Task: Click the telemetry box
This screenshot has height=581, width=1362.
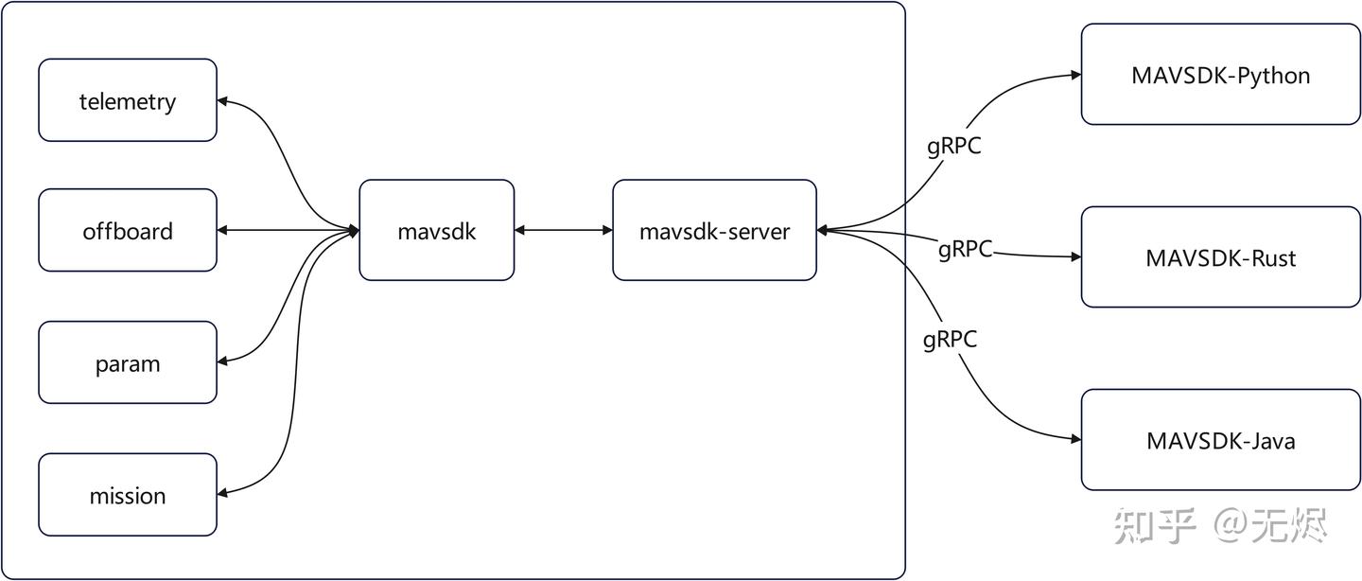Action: (128, 100)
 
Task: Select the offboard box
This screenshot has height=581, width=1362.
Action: (128, 231)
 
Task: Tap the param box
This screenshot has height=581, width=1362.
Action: (128, 363)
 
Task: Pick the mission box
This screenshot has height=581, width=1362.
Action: (128, 495)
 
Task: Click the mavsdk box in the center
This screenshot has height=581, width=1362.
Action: (436, 230)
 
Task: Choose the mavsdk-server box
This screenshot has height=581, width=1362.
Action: (714, 230)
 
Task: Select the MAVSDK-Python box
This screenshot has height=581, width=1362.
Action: (1220, 75)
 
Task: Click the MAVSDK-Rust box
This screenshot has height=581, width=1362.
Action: (1220, 257)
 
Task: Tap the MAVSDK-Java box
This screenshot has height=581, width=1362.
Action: (1220, 440)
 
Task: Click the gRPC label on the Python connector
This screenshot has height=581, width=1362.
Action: (953, 147)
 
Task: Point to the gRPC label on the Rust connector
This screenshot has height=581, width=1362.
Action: (965, 250)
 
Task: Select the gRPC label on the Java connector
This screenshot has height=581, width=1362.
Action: (950, 340)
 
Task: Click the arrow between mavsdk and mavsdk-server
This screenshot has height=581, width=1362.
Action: (564, 230)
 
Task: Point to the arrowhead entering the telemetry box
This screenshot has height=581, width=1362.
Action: (223, 99)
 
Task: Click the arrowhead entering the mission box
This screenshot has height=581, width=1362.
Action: (223, 492)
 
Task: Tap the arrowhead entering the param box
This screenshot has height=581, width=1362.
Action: (223, 361)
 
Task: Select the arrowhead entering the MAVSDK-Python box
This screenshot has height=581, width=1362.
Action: (1075, 75)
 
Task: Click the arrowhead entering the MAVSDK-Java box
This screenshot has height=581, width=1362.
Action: (1075, 439)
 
